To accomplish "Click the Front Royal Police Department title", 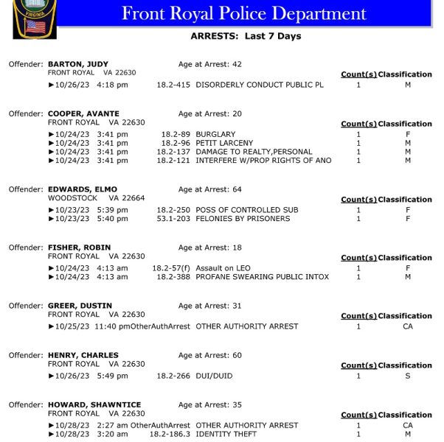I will tap(243, 13).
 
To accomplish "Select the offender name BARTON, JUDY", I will tap(78, 65).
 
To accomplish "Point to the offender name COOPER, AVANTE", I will tap(83, 114).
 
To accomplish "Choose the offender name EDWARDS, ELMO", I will tap(83, 190).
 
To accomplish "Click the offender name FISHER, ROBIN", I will tap(80, 248).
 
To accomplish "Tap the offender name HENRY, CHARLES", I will tap(83, 356).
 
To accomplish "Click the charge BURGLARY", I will tap(215, 135).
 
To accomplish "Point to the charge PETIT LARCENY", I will tap(224, 143).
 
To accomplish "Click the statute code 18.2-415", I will tap(173, 85).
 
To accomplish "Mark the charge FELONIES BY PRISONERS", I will tap(243, 219).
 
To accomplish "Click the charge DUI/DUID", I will tap(214, 376).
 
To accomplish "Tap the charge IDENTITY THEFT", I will tap(226, 435).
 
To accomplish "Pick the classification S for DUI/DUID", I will tap(408, 376).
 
